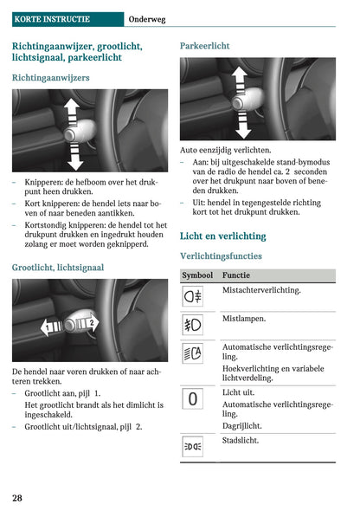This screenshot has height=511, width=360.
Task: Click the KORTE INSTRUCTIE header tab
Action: pyautogui.click(x=50, y=18)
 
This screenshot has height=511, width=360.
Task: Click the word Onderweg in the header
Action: pyautogui.click(x=148, y=18)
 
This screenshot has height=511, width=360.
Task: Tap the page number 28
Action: pyautogui.click(x=17, y=497)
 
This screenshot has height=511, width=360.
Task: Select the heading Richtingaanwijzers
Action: pyautogui.click(x=50, y=78)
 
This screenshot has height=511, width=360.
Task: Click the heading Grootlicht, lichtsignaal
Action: pyautogui.click(x=58, y=268)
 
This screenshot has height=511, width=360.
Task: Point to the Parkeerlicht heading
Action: pyautogui.click(x=204, y=44)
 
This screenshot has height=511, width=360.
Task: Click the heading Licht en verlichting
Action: pyautogui.click(x=222, y=236)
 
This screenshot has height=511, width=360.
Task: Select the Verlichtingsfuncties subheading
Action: pyautogui.click(x=221, y=256)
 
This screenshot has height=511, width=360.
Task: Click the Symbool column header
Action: pyautogui.click(x=198, y=275)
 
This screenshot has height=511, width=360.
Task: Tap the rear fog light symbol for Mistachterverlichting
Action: pyautogui.click(x=193, y=296)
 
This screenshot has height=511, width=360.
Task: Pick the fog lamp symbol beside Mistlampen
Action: pyautogui.click(x=193, y=326)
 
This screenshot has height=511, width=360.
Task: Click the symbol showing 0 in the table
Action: pyautogui.click(x=193, y=399)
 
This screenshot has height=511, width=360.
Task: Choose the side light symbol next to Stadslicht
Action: pyautogui.click(x=193, y=447)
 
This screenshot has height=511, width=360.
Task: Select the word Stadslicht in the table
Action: pyautogui.click(x=243, y=441)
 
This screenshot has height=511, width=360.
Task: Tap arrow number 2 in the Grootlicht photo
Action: pyautogui.click(x=90, y=323)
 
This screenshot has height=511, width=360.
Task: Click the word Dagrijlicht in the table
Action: pyautogui.click(x=242, y=425)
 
